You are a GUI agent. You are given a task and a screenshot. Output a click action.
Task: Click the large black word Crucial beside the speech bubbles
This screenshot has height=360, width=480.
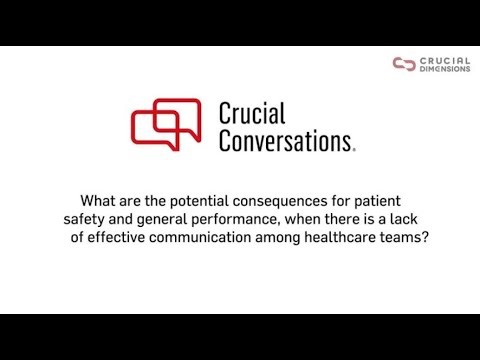pos(258,112)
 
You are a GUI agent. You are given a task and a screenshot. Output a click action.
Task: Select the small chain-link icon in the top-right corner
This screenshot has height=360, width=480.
pos(403,64)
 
